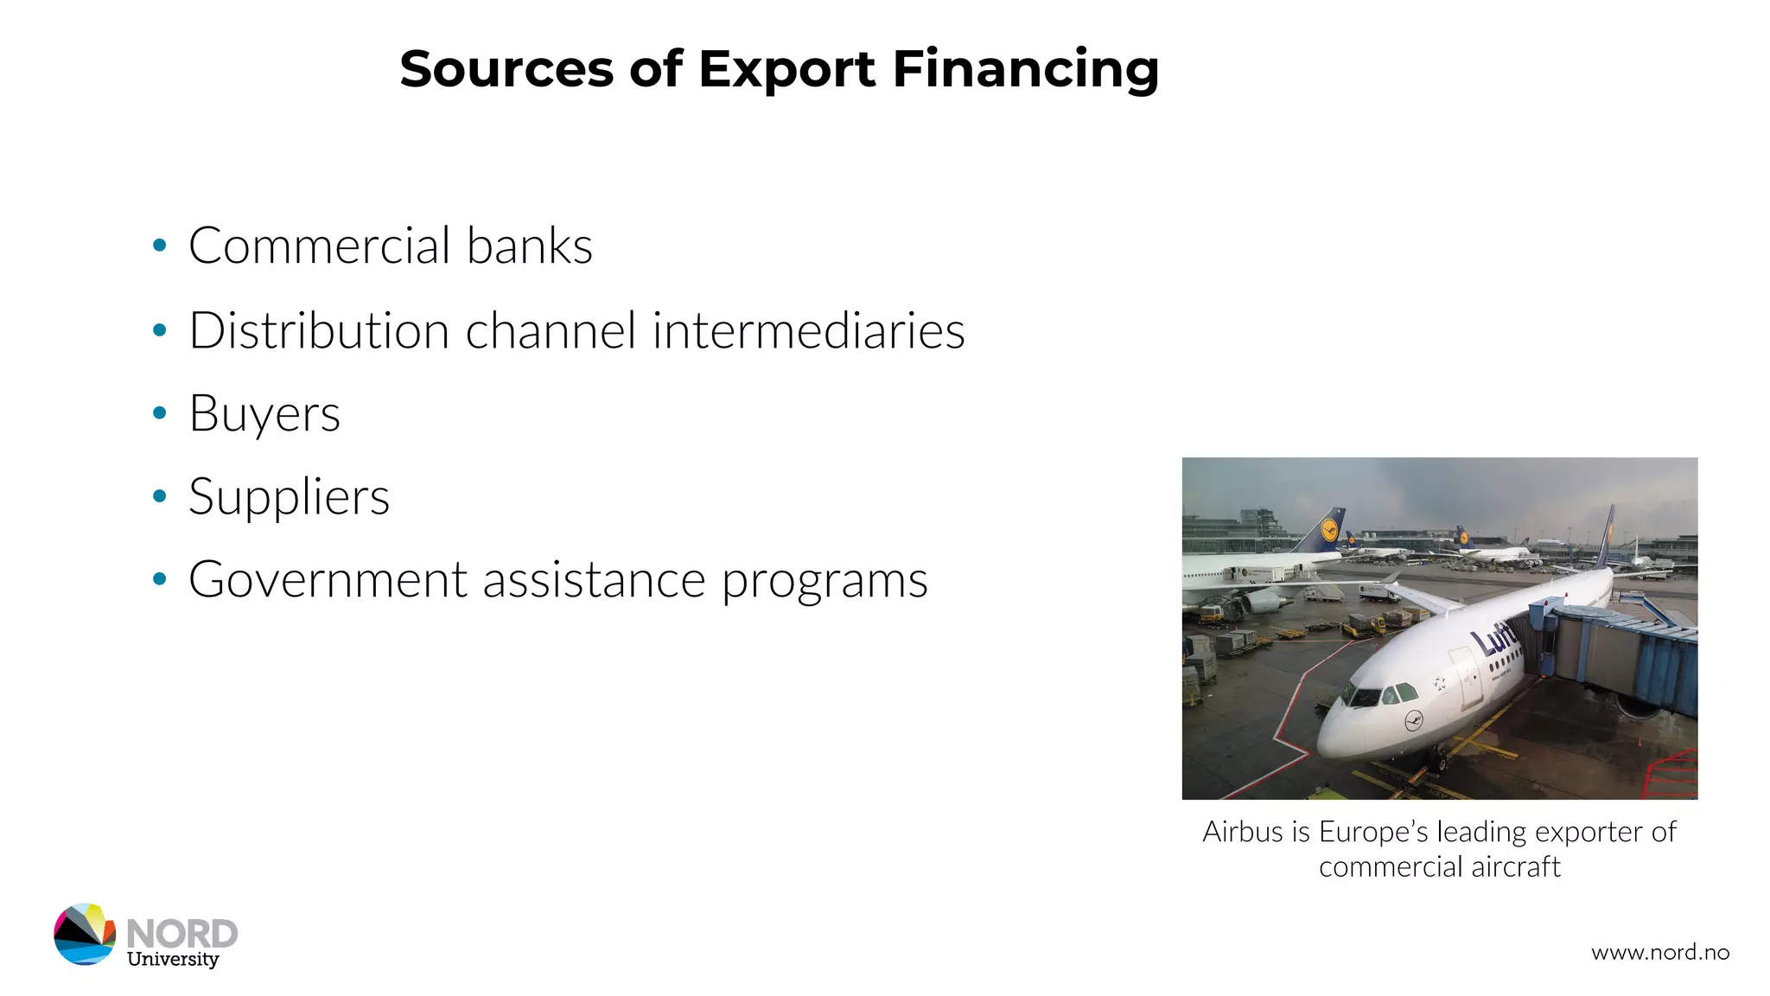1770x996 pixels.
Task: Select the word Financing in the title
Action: coord(1025,69)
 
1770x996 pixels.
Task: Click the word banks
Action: coord(530,246)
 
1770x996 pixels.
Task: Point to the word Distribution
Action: coord(319,330)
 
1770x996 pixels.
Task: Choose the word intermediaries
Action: coord(808,330)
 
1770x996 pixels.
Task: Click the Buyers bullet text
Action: coord(264,413)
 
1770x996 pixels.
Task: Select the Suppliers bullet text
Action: coord(289,497)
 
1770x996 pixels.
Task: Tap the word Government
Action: coord(328,579)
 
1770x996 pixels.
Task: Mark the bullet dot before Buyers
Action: coord(159,413)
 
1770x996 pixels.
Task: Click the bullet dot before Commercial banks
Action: coord(159,246)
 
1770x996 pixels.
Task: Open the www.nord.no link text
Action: coord(1660,953)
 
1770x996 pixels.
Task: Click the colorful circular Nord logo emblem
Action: coord(85,935)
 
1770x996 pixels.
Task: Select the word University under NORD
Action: coord(173,959)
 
